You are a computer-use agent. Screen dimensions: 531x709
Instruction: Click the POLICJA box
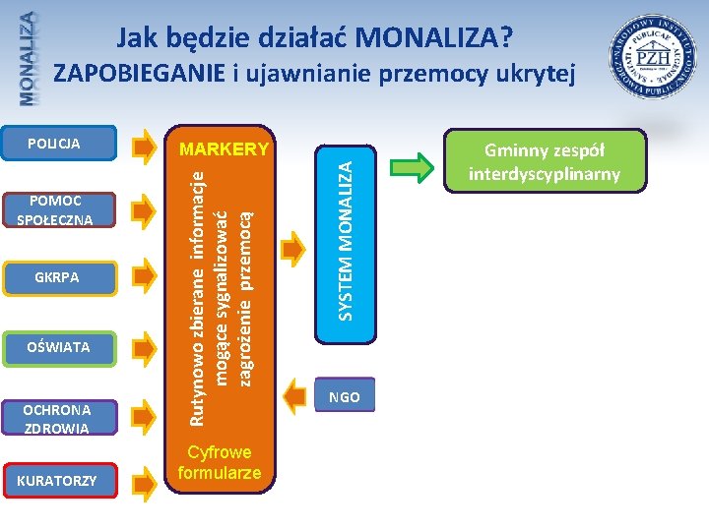coord(55,144)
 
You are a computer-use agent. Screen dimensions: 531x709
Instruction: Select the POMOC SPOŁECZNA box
coord(55,210)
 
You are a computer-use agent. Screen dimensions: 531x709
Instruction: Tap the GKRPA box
coord(55,278)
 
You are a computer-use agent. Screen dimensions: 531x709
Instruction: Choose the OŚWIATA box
coord(55,346)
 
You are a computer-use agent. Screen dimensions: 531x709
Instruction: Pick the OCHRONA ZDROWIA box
coord(55,419)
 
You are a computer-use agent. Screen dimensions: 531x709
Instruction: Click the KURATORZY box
coord(55,481)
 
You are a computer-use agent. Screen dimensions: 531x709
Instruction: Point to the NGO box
coord(345,397)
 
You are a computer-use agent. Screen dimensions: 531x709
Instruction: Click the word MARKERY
coord(225,149)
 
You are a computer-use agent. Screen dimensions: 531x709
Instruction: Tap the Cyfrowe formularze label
coord(221,462)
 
